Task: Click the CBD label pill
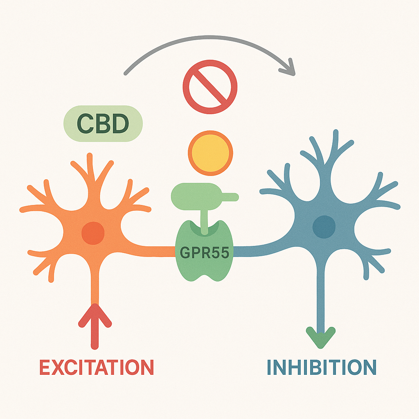point(102,124)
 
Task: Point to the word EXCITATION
point(97,367)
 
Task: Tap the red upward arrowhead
point(95,317)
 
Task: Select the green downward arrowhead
point(321,337)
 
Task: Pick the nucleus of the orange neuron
point(93,233)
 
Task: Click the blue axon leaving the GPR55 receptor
point(254,249)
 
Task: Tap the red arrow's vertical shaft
point(95,336)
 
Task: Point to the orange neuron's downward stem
point(95,282)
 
